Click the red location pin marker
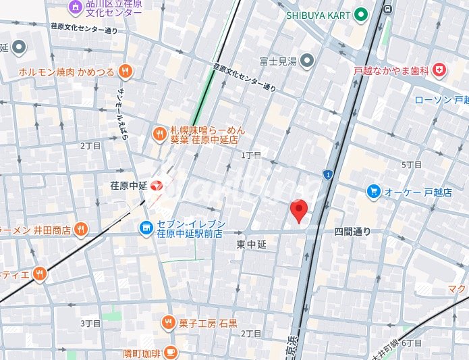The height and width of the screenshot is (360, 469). [299, 211]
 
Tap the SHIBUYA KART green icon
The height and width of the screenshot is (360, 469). [361, 14]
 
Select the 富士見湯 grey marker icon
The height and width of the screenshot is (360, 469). [307, 61]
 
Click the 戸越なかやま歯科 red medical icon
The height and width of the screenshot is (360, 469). [439, 70]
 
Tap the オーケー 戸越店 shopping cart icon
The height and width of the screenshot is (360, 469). [373, 192]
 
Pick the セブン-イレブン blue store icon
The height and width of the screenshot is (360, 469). [146, 229]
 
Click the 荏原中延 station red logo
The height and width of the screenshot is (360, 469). [157, 184]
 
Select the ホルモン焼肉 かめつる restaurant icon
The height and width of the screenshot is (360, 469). [125, 71]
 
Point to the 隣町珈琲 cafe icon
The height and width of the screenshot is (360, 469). [170, 352]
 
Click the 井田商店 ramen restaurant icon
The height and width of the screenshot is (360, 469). [81, 230]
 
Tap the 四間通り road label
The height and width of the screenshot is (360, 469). [352, 231]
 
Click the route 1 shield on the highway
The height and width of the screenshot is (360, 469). [327, 175]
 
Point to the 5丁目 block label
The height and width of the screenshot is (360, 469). [412, 165]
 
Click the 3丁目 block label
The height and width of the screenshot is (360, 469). [90, 324]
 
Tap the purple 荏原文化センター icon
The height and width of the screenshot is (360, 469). [76, 7]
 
